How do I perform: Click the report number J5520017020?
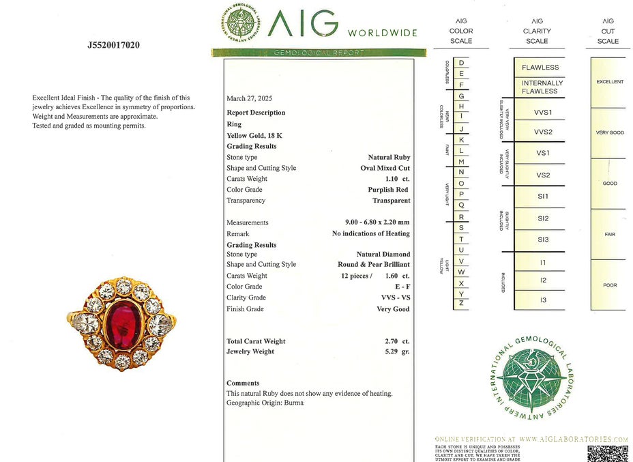114,46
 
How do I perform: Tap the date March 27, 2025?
249,98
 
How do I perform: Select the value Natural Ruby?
389,157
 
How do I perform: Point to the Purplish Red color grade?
388,190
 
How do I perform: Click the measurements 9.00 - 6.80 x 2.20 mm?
377,222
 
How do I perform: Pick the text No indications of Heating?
370,233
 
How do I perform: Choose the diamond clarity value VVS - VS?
396,298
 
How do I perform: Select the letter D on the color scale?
462,63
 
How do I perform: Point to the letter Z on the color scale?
462,302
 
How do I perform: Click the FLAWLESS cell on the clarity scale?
540,68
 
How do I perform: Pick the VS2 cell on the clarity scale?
543,175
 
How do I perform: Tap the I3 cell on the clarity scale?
543,300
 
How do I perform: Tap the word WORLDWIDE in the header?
382,33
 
